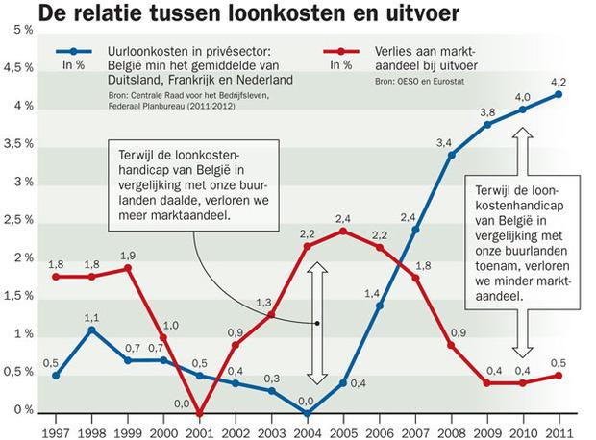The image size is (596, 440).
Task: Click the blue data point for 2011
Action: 559,94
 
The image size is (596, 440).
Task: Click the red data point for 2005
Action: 343,231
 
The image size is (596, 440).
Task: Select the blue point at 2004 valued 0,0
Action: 308,414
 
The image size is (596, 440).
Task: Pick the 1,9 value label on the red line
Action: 128,255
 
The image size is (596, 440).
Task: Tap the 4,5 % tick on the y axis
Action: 18,69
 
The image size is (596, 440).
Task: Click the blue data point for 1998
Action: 91,330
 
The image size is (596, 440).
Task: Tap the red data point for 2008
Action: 451,345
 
